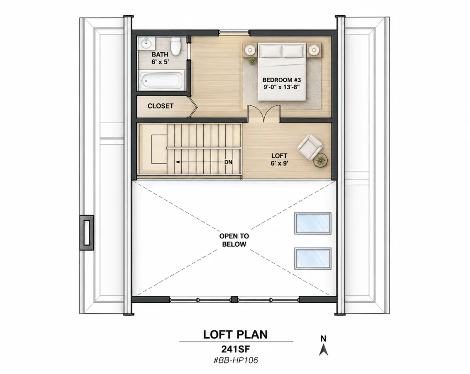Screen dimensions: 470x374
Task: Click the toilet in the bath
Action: click(175, 46)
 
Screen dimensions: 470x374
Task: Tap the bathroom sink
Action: click(146, 43)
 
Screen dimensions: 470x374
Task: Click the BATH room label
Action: click(160, 54)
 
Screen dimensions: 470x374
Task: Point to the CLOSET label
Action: click(160, 106)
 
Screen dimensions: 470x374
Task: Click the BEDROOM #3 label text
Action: click(281, 80)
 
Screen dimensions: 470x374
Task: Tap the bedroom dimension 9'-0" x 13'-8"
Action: click(281, 87)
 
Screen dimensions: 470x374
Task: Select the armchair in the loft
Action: click(310, 147)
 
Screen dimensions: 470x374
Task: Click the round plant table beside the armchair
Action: click(320, 160)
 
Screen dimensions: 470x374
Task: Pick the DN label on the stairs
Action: click(228, 162)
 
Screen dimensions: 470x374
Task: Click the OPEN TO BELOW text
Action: click(234, 240)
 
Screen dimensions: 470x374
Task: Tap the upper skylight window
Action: click(313, 223)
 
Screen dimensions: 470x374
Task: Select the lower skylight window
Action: click(313, 258)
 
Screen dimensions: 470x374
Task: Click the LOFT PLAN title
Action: click(235, 334)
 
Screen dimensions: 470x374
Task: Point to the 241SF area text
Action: click(235, 349)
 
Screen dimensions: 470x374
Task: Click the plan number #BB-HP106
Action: click(235, 360)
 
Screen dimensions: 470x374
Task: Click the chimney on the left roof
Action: click(87, 232)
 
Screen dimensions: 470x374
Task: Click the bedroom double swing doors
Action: click(263, 113)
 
